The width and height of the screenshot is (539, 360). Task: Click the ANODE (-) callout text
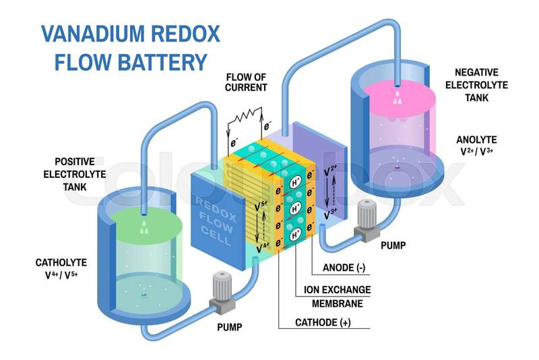pos(344,268)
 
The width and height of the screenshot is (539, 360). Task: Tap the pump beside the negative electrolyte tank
pos(367,220)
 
